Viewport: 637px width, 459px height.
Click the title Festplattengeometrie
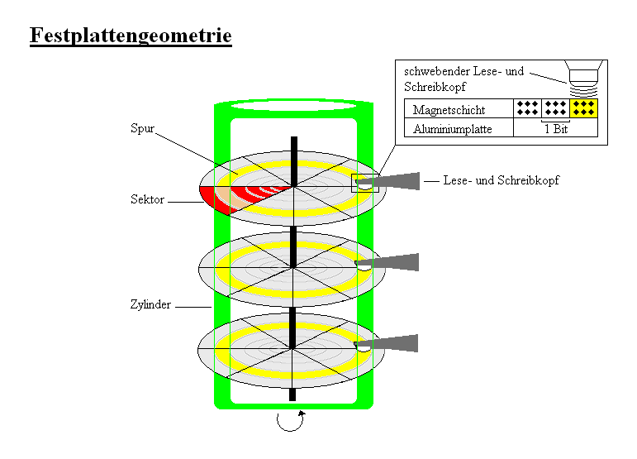click(131, 36)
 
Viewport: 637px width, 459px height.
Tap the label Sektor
click(147, 199)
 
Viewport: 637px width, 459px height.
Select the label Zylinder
click(150, 304)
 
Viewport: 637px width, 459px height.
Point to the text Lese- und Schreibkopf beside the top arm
click(501, 180)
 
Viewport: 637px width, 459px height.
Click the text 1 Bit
click(555, 129)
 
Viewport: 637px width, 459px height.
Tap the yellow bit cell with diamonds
click(584, 108)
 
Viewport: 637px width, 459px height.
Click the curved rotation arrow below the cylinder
click(289, 421)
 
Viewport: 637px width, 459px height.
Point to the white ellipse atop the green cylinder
click(293, 106)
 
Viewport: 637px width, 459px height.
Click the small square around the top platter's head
click(364, 184)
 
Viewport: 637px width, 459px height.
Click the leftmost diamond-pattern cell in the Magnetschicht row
click(526, 108)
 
